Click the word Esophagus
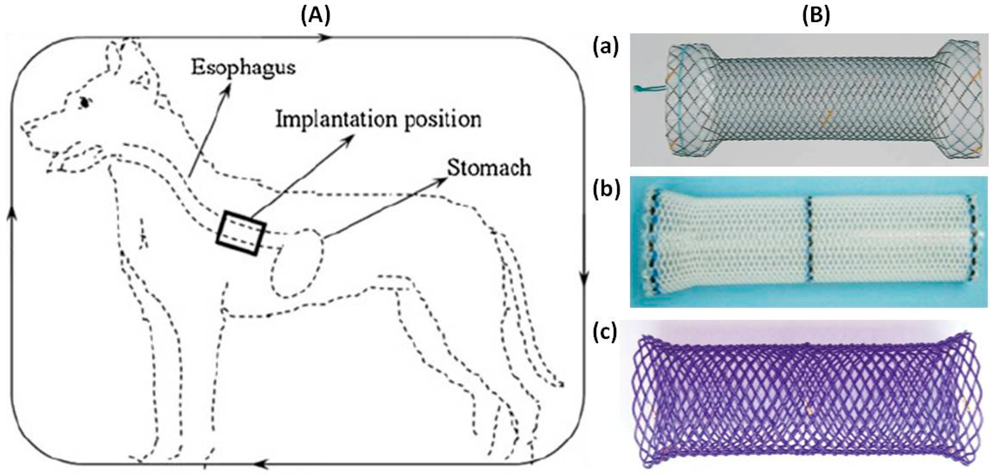tap(244, 69)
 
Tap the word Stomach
tap(489, 168)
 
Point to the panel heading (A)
tap(315, 16)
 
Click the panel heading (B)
tap(816, 16)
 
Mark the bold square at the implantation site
tap(241, 233)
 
